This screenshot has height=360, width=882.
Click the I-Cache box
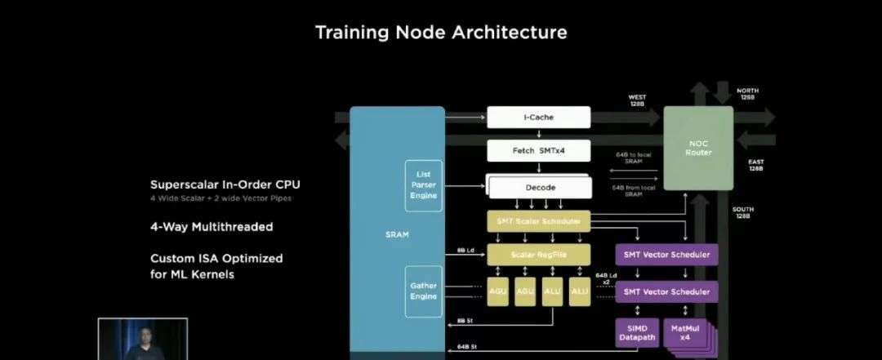pos(538,118)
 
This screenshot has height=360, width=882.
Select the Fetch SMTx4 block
pos(538,151)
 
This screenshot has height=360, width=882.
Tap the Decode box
pos(539,188)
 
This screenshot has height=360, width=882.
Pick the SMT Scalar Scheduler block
pos(538,221)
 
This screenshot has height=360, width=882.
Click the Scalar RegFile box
pos(538,255)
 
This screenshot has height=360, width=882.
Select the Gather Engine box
pos(423,291)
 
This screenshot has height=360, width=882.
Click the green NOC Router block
pos(699,148)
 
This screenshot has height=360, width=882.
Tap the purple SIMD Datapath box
pos(636,332)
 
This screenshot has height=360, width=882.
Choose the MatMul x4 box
pos(684,332)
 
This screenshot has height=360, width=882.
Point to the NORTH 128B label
pos(747,95)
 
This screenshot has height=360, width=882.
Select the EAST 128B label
pos(756,165)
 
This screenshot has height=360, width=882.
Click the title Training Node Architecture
pos(441,33)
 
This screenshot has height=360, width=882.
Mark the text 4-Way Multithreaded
pos(212,226)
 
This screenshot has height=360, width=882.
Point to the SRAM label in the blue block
pos(397,235)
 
